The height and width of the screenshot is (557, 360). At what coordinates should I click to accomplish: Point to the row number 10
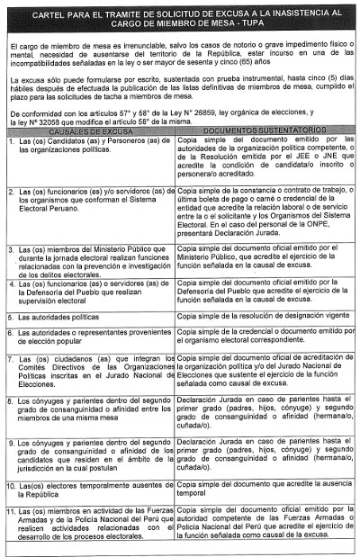click(12, 484)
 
